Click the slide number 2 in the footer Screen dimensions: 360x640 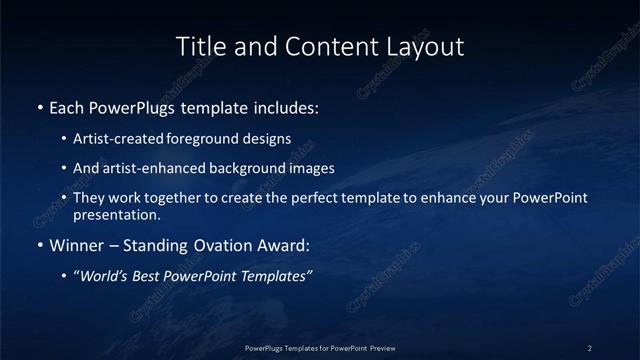[x=590, y=348]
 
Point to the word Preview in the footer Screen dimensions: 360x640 [x=381, y=348]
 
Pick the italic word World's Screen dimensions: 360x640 [x=105, y=276]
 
